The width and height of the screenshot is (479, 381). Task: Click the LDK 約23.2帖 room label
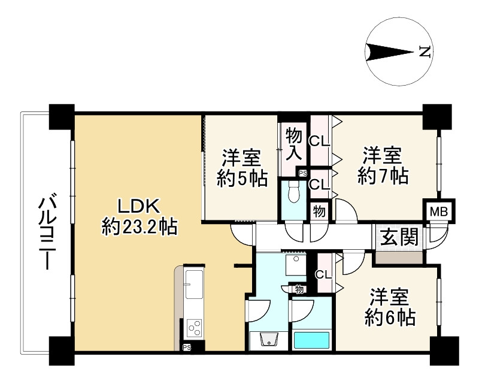click(x=140, y=216)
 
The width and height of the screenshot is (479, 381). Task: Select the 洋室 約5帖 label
click(x=242, y=170)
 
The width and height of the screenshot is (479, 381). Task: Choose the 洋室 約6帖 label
click(x=390, y=307)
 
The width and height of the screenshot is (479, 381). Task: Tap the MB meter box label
click(x=439, y=211)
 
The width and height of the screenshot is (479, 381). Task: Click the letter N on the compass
click(x=424, y=52)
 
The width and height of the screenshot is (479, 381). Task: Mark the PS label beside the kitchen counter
click(x=187, y=347)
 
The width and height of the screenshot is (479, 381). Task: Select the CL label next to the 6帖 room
click(x=323, y=275)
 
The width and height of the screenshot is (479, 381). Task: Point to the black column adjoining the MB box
click(x=436, y=116)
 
